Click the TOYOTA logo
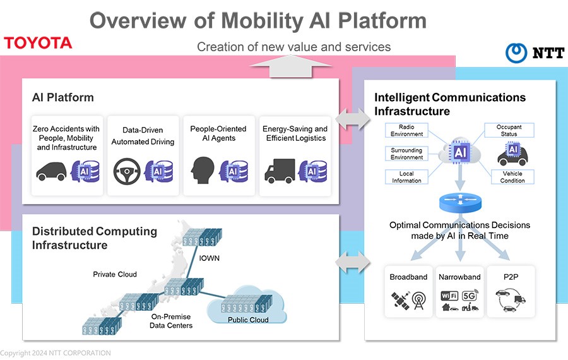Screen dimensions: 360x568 click(x=38, y=43)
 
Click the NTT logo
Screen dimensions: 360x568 click(x=535, y=53)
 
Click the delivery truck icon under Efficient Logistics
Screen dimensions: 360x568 click(x=280, y=172)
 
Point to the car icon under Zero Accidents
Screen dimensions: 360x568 click(x=51, y=171)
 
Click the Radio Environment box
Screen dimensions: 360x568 click(x=407, y=130)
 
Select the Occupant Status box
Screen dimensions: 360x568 click(x=509, y=130)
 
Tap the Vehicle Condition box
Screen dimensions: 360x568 click(x=512, y=177)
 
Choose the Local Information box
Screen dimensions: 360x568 click(x=407, y=177)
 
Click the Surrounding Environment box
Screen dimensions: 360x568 click(x=407, y=153)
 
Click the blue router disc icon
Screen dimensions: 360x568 click(x=459, y=203)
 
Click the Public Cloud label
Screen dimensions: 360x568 click(x=247, y=320)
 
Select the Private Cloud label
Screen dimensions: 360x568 click(x=115, y=274)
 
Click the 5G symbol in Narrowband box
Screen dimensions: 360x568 click(x=470, y=295)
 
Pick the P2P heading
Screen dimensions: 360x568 click(x=511, y=277)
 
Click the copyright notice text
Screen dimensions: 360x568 click(x=56, y=353)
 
